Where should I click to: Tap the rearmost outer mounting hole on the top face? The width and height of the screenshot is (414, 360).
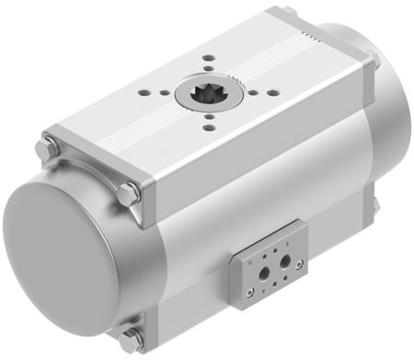(208, 58)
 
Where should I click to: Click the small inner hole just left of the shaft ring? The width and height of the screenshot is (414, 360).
(165, 91)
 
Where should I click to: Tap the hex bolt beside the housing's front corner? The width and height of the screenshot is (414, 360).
(127, 194)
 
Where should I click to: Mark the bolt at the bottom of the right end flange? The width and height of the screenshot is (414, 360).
(376, 205)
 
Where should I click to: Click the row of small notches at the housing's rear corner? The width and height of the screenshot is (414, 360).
(314, 39)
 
